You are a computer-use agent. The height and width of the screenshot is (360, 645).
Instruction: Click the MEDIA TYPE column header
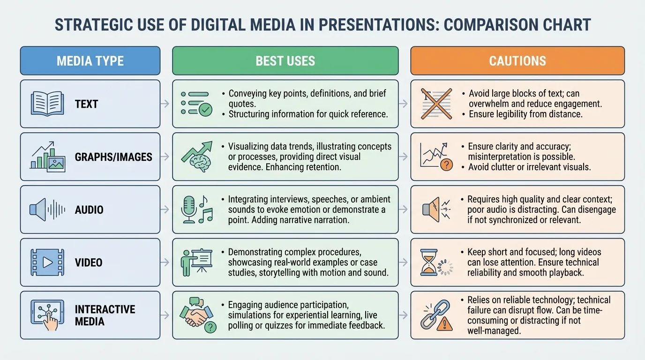click(90, 61)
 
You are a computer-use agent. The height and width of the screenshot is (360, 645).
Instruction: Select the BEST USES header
click(285, 61)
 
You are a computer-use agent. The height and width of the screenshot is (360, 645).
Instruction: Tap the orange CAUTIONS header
click(517, 61)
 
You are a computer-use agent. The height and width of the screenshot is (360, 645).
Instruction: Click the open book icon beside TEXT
click(47, 104)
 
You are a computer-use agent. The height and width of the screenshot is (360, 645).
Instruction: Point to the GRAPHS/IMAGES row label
click(113, 157)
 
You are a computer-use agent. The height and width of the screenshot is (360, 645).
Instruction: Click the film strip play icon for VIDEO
click(47, 262)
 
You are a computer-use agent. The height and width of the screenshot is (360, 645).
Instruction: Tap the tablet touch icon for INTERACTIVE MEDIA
click(47, 315)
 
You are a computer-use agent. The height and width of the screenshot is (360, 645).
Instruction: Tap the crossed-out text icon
click(436, 104)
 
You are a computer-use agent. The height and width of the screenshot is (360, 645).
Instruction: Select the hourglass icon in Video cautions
click(428, 262)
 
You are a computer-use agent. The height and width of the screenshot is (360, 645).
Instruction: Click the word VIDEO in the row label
click(89, 262)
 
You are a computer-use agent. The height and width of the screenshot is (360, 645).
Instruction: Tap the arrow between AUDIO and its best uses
click(165, 210)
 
